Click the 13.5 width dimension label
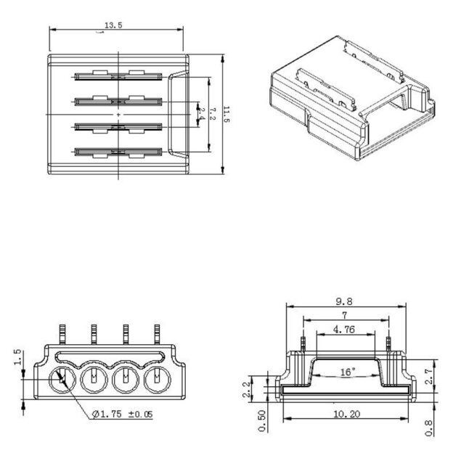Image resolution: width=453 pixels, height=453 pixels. coord(113,25)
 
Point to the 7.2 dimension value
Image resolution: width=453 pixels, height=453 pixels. coord(212,114)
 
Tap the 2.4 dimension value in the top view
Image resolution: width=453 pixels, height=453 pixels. coord(202,114)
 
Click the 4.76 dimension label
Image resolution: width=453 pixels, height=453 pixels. coord(345,329)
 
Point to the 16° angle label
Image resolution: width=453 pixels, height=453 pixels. coord(347,372)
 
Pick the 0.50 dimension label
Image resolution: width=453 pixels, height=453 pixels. coord(262,420)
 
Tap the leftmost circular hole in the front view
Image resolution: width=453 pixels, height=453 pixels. coord(61,378)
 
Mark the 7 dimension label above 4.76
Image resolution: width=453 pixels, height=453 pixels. coord(346,316)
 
